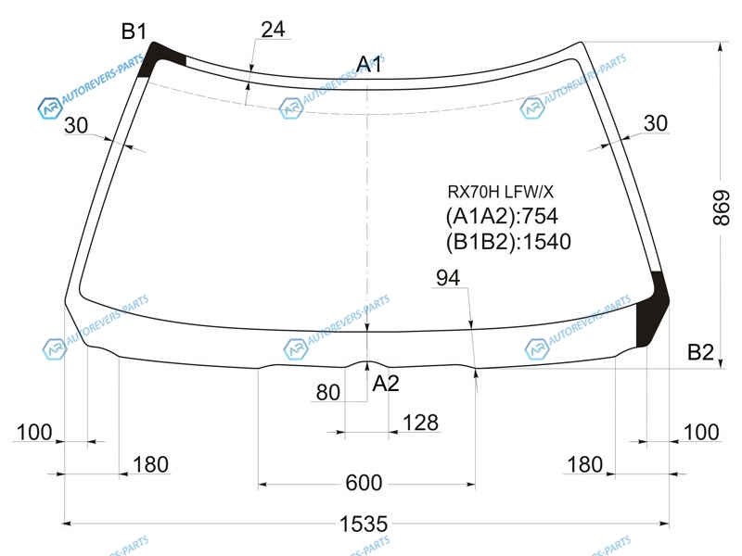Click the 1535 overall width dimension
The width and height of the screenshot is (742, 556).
click(364, 524)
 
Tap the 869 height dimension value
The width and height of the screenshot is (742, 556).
click(722, 208)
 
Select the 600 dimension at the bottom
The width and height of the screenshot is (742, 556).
click(364, 483)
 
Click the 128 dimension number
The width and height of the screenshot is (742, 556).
click(420, 423)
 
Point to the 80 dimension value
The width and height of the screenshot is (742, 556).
click(328, 392)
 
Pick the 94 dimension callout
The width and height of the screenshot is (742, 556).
click(448, 277)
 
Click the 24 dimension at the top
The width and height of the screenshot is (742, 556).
click(273, 30)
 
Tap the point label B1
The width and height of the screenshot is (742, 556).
click(134, 32)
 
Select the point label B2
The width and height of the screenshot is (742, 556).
click(700, 352)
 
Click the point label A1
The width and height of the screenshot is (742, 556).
click(369, 63)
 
